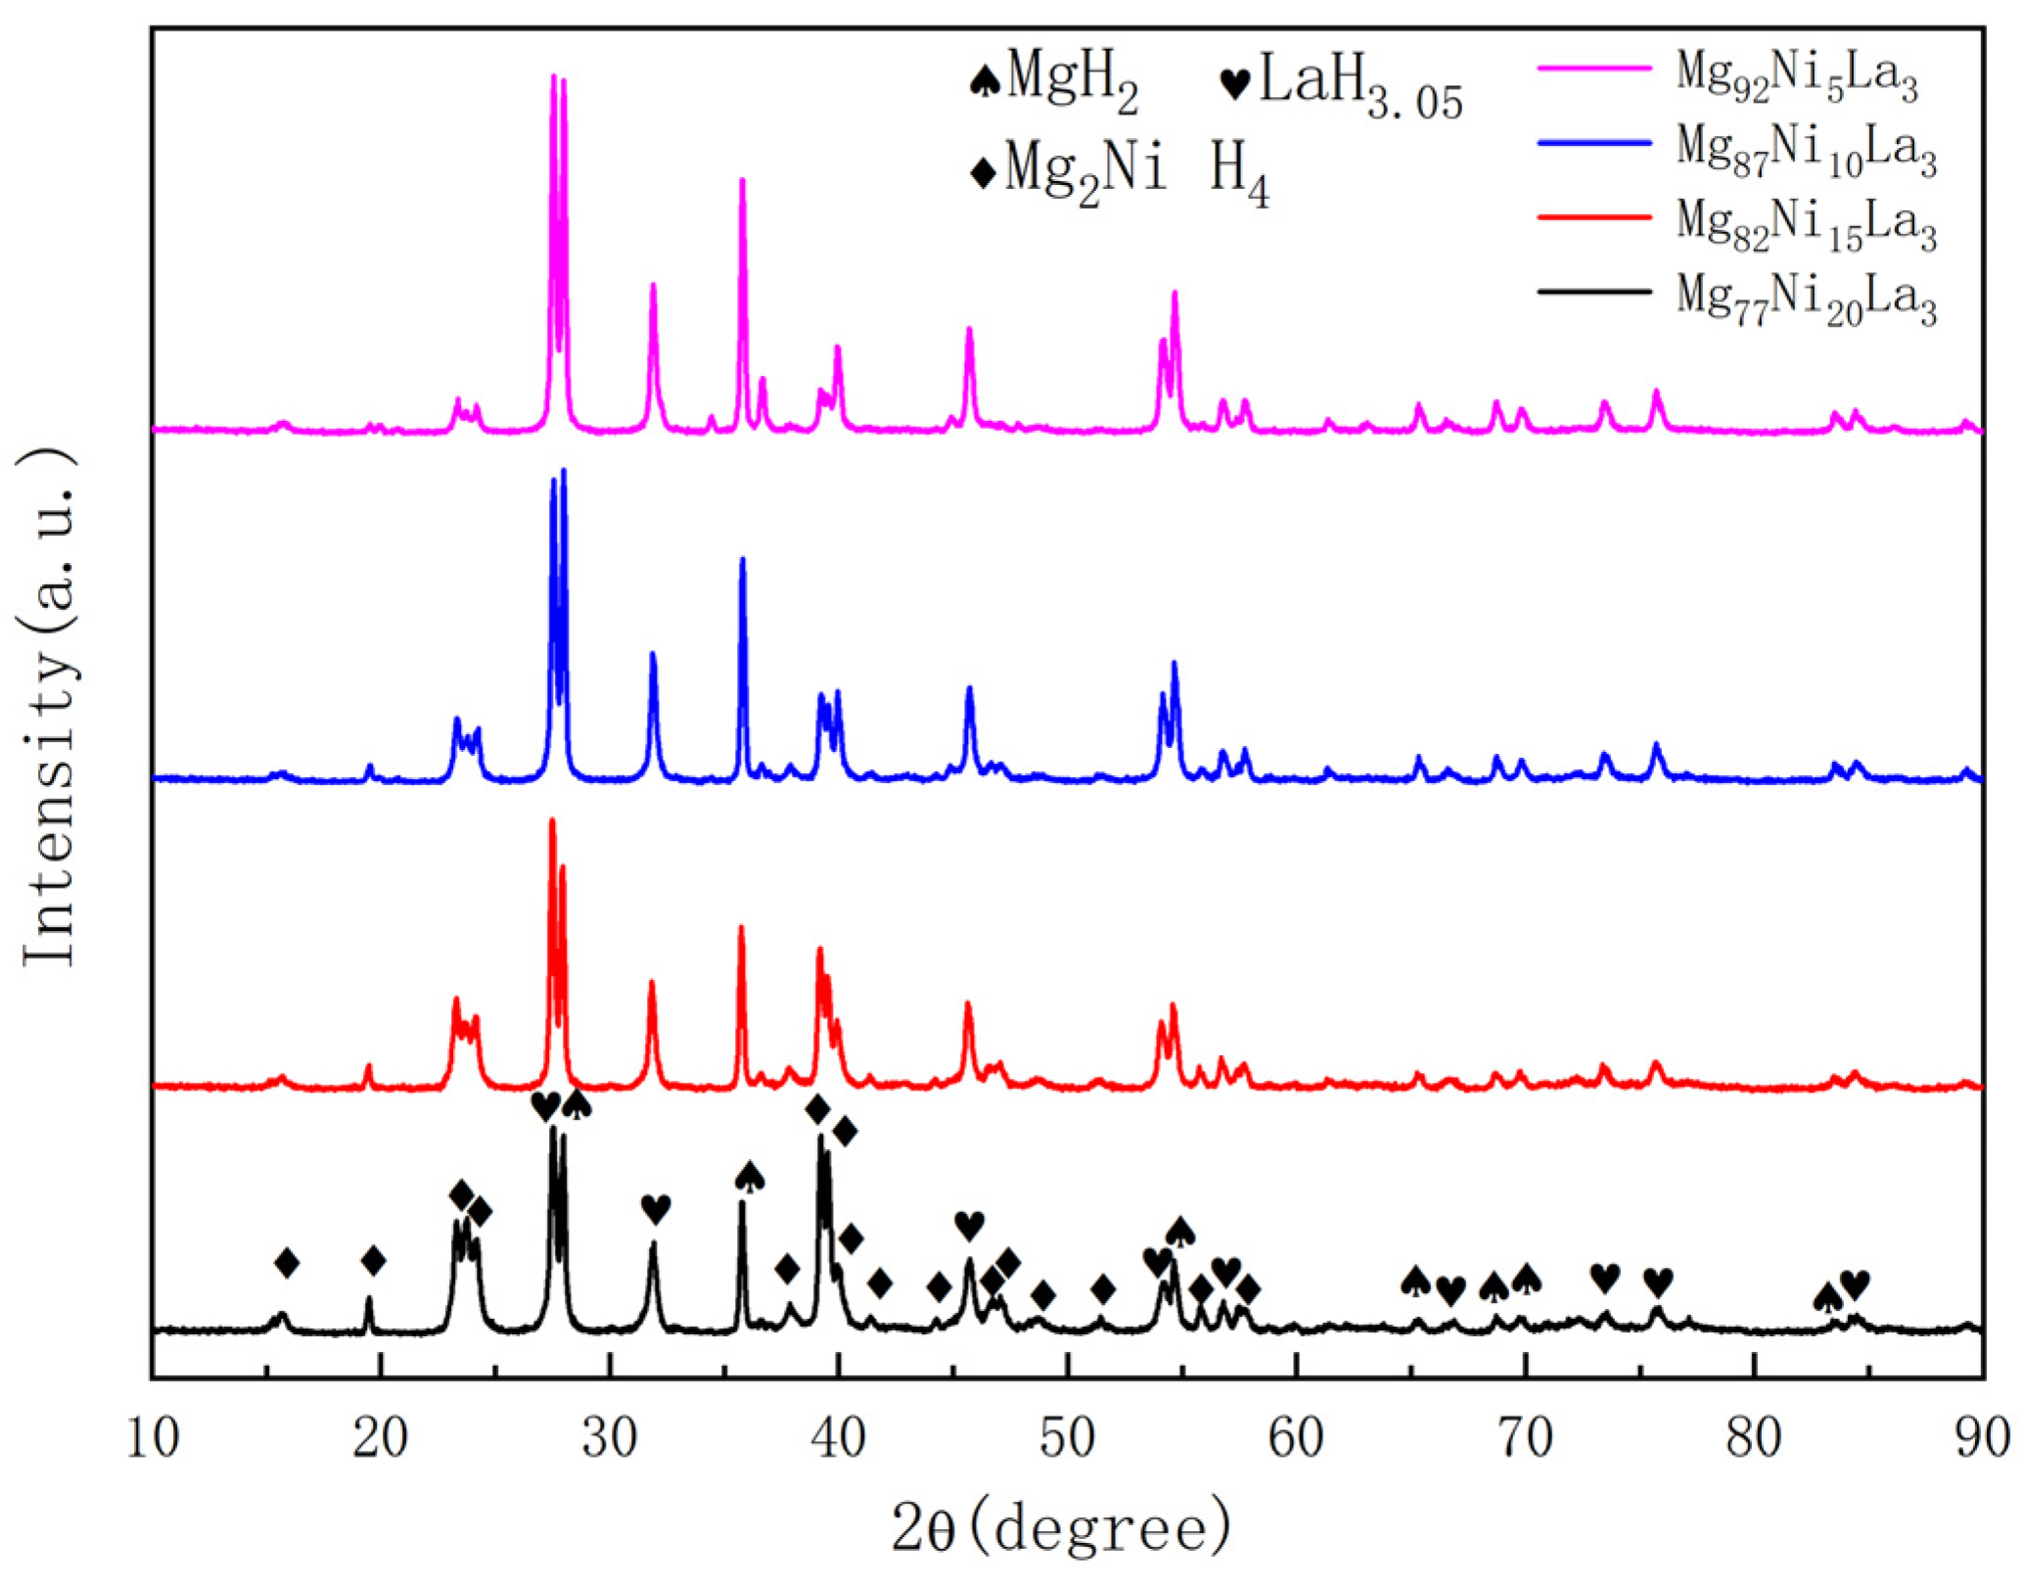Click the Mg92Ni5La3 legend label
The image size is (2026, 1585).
1796,74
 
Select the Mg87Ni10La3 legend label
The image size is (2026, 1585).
1806,149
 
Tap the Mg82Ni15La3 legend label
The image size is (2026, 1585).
1806,224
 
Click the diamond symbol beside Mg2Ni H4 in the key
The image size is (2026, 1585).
983,173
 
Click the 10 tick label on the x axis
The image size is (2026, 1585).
153,1439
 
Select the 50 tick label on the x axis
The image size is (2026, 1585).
1068,1439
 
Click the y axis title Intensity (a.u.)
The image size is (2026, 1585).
49,705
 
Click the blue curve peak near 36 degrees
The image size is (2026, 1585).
743,560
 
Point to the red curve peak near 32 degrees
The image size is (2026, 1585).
652,983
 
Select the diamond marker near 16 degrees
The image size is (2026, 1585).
287,1263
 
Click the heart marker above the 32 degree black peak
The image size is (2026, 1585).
656,1208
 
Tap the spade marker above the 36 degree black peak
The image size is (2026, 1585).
750,1176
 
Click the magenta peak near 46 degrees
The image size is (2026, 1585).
970,330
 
